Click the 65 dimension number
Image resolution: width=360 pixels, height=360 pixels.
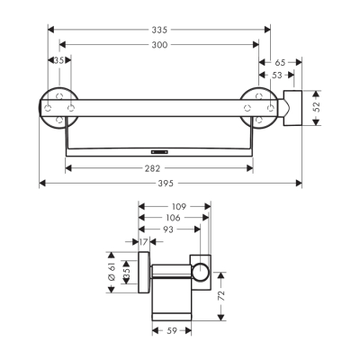click(279, 61)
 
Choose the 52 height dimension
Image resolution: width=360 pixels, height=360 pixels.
click(317, 106)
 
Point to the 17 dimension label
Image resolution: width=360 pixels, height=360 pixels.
click(144, 241)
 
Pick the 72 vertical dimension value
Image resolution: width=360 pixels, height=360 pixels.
click(221, 294)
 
